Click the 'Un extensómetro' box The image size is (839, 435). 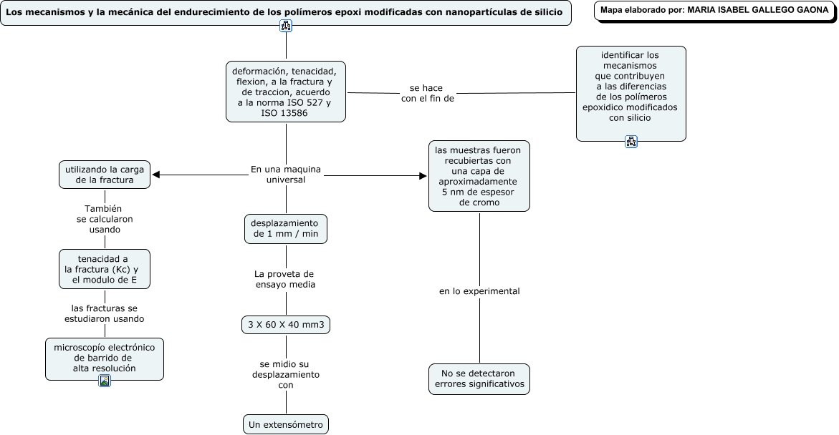(286, 424)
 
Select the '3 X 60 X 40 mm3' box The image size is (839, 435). (286, 324)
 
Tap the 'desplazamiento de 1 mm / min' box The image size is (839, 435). (286, 229)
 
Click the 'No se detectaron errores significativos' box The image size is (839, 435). (479, 379)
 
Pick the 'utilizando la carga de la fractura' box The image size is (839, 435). (105, 175)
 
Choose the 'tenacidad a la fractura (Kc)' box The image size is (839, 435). (105, 269)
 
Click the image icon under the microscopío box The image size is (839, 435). (105, 381)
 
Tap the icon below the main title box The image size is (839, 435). (286, 26)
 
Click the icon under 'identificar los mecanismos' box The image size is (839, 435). (631, 142)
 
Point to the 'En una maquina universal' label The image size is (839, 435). (286, 175)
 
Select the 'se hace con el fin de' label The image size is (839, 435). (427, 93)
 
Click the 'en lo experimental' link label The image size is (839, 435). (479, 291)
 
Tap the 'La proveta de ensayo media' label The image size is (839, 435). (285, 280)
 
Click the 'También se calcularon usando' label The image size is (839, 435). (105, 219)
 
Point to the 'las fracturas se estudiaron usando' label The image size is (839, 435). (105, 313)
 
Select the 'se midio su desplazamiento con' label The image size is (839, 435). (286, 375)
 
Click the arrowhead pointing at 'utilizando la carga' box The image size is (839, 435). (156, 175)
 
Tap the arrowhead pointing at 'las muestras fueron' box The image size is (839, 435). (423, 176)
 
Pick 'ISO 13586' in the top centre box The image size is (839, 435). (284, 113)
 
